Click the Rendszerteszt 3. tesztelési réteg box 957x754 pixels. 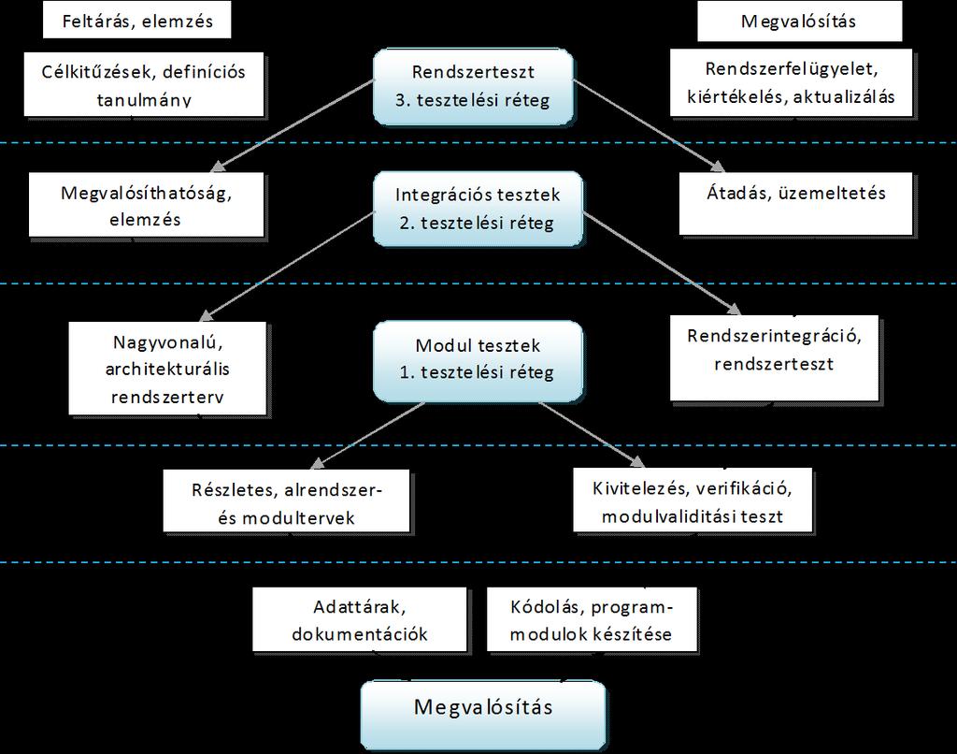click(x=473, y=87)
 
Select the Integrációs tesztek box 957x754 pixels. click(x=478, y=209)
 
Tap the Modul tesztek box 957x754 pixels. click(x=478, y=360)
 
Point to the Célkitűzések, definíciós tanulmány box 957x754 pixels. click(x=143, y=84)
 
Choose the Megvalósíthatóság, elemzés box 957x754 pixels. click(x=146, y=205)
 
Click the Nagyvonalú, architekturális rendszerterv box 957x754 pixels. click(x=167, y=369)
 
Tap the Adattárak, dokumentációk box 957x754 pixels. click(x=360, y=619)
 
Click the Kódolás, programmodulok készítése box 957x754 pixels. click(x=592, y=619)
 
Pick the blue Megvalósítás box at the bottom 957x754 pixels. click(x=483, y=715)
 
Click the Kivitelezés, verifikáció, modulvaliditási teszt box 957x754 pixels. click(x=693, y=500)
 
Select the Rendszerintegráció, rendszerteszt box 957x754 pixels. click(x=774, y=358)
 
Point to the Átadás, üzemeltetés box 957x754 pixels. click(x=796, y=204)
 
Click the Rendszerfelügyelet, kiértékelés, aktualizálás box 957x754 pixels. click(x=791, y=83)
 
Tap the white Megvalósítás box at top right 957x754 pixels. click(x=799, y=22)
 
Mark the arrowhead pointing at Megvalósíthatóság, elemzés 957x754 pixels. click(x=219, y=166)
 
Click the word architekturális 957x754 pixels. click(x=167, y=370)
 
